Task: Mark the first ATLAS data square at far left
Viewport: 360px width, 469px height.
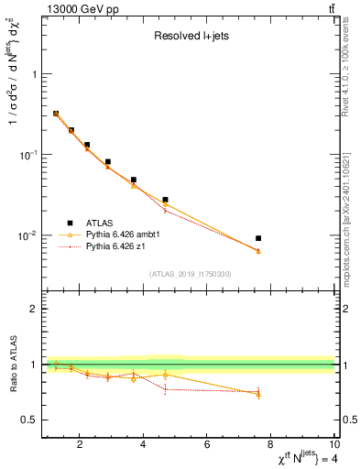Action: click(56, 114)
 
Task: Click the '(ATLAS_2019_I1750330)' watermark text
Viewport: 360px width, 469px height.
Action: click(190, 274)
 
